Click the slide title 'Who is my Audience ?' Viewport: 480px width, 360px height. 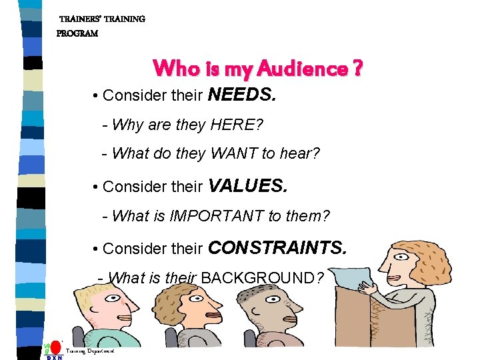257,69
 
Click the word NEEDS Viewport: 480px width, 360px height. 241,95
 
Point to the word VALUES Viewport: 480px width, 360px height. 248,186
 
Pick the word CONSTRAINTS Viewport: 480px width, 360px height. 277,248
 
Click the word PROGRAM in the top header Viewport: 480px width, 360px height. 77,33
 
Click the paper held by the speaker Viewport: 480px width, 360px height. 353,276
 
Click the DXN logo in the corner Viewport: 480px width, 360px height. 53,351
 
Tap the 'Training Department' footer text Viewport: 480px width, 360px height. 91,351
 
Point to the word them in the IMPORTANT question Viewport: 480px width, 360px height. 305,215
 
